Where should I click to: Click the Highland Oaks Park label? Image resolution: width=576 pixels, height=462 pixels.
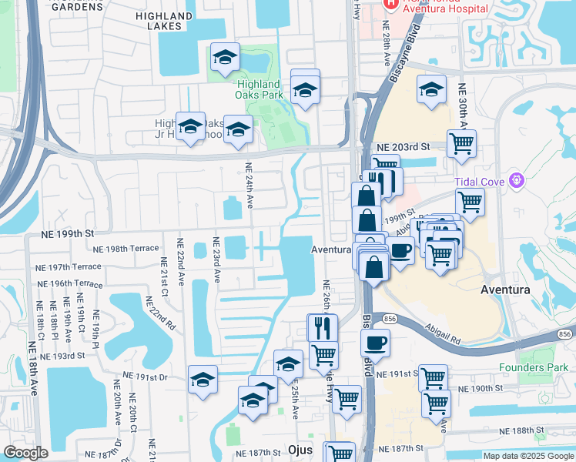point(258,89)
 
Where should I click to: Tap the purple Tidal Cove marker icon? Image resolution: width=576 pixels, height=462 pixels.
point(516,181)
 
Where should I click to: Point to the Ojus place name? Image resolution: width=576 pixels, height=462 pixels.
point(299,449)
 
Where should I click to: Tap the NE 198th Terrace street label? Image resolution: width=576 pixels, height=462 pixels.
point(126,249)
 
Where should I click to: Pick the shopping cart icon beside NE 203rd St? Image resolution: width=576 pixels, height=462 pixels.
point(461,144)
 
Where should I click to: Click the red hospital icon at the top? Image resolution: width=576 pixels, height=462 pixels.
point(390,4)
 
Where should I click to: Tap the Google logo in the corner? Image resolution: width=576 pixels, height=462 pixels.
point(26,453)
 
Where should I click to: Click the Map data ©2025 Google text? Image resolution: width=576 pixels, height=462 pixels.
point(527,456)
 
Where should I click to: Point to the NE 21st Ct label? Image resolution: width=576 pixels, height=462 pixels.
point(164,282)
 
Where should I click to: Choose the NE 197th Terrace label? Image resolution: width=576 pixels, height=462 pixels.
point(68,266)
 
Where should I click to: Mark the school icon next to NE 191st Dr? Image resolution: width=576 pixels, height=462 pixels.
point(203,380)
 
